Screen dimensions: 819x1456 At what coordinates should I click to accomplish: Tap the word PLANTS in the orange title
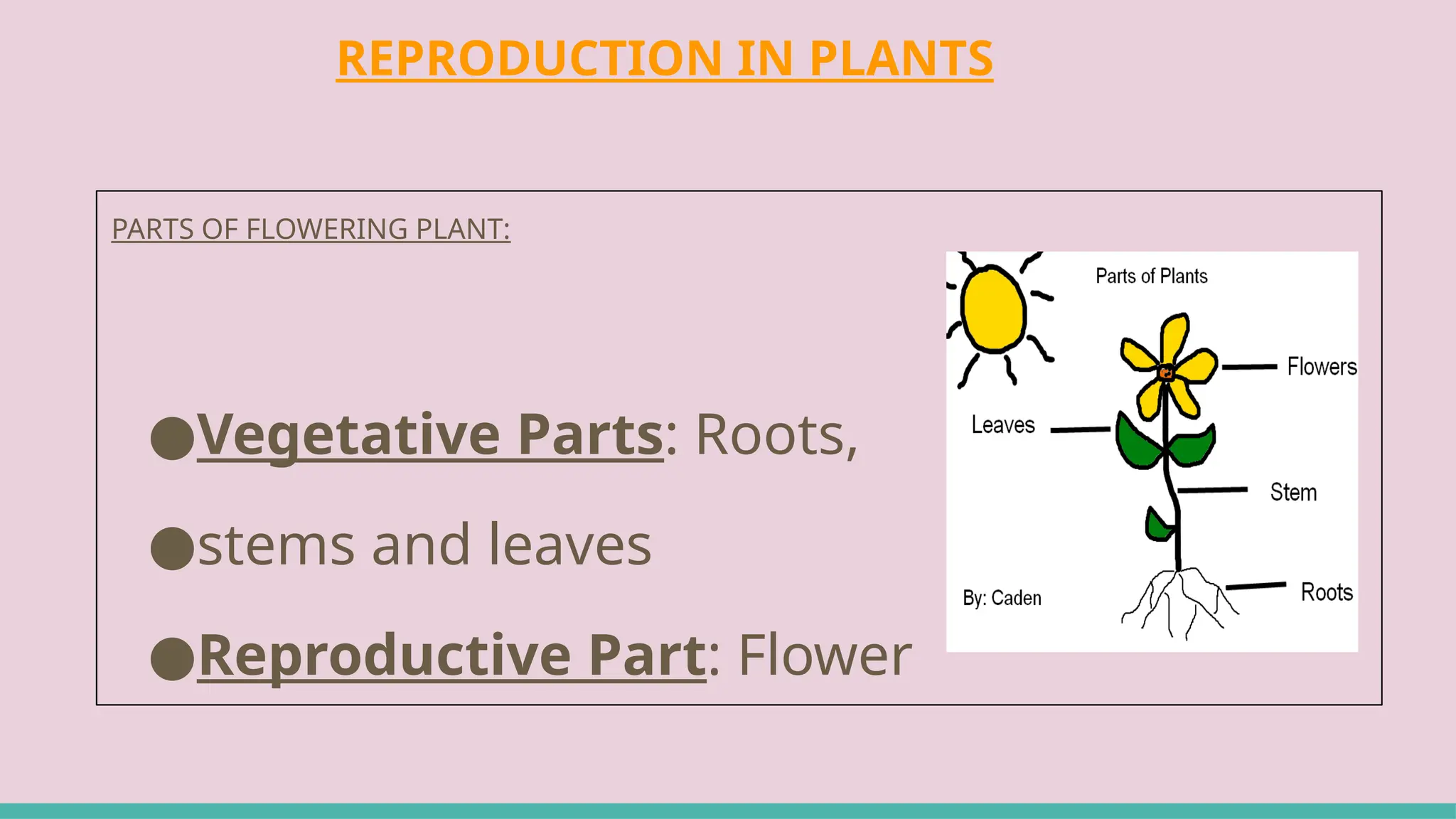[901, 58]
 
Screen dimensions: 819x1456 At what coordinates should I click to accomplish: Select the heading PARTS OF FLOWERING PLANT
[311, 229]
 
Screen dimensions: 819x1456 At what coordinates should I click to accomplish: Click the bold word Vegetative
[348, 434]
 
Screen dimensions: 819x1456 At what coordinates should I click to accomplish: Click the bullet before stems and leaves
[172, 548]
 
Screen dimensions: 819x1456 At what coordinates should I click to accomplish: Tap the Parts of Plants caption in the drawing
[1151, 276]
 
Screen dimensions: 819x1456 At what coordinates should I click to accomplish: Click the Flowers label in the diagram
[1322, 367]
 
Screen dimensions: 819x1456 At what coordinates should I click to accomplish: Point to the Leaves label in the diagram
[1002, 425]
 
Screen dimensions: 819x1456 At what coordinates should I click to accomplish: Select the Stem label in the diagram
[1293, 492]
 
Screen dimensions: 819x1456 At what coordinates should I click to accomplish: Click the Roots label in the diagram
[1326, 591]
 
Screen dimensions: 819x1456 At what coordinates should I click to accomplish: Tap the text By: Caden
[1002, 598]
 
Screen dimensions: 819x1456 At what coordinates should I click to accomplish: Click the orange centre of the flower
[1166, 373]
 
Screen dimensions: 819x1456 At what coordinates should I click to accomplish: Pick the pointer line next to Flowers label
[1249, 367]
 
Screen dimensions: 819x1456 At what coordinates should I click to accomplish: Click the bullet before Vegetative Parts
[172, 437]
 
